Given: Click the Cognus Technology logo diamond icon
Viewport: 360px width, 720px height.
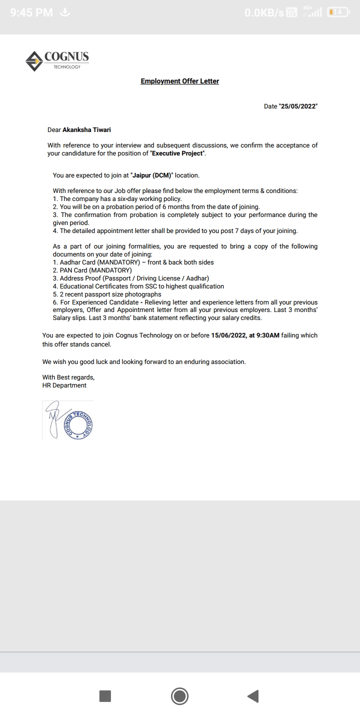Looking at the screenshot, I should point(34,61).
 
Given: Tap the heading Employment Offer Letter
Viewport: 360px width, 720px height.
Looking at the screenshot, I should point(179,81).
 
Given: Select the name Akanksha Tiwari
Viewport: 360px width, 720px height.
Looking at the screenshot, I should point(86,130).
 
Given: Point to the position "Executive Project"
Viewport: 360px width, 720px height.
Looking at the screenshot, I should point(178,153).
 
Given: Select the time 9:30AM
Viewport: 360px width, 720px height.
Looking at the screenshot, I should point(267,335).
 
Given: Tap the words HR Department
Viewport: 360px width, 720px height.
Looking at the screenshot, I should point(64,385).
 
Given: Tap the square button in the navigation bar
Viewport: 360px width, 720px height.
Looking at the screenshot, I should point(105,696).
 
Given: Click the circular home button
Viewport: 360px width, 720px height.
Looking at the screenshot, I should point(179,696).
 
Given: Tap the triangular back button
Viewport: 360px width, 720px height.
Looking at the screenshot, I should point(253,696).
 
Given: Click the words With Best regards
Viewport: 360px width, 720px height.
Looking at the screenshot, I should point(68,377).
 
